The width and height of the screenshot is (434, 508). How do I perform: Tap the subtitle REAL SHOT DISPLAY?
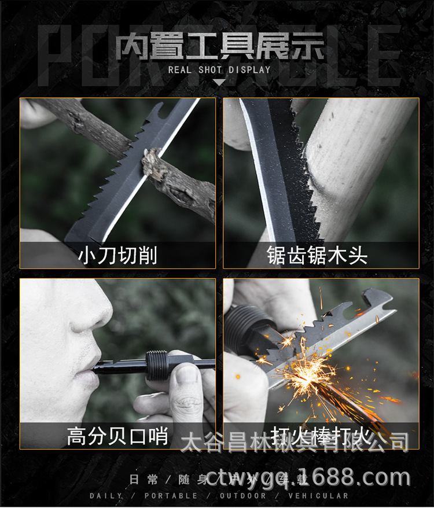(219, 70)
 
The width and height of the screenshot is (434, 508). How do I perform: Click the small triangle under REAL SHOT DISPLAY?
(219, 82)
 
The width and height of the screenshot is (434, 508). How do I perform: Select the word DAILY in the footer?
(105, 496)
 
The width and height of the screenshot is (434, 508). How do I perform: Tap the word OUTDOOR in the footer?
(242, 496)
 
